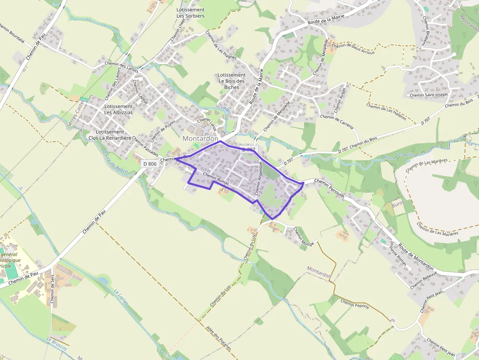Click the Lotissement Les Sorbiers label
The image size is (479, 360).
(x=191, y=13)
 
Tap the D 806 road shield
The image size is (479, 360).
(x=151, y=164)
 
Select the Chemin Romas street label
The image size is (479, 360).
(x=216, y=179)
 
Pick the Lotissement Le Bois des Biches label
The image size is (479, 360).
(x=232, y=81)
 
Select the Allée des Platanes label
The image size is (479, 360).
(x=218, y=340)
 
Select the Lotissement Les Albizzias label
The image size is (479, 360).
(x=118, y=109)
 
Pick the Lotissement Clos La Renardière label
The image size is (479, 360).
(x=110, y=135)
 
